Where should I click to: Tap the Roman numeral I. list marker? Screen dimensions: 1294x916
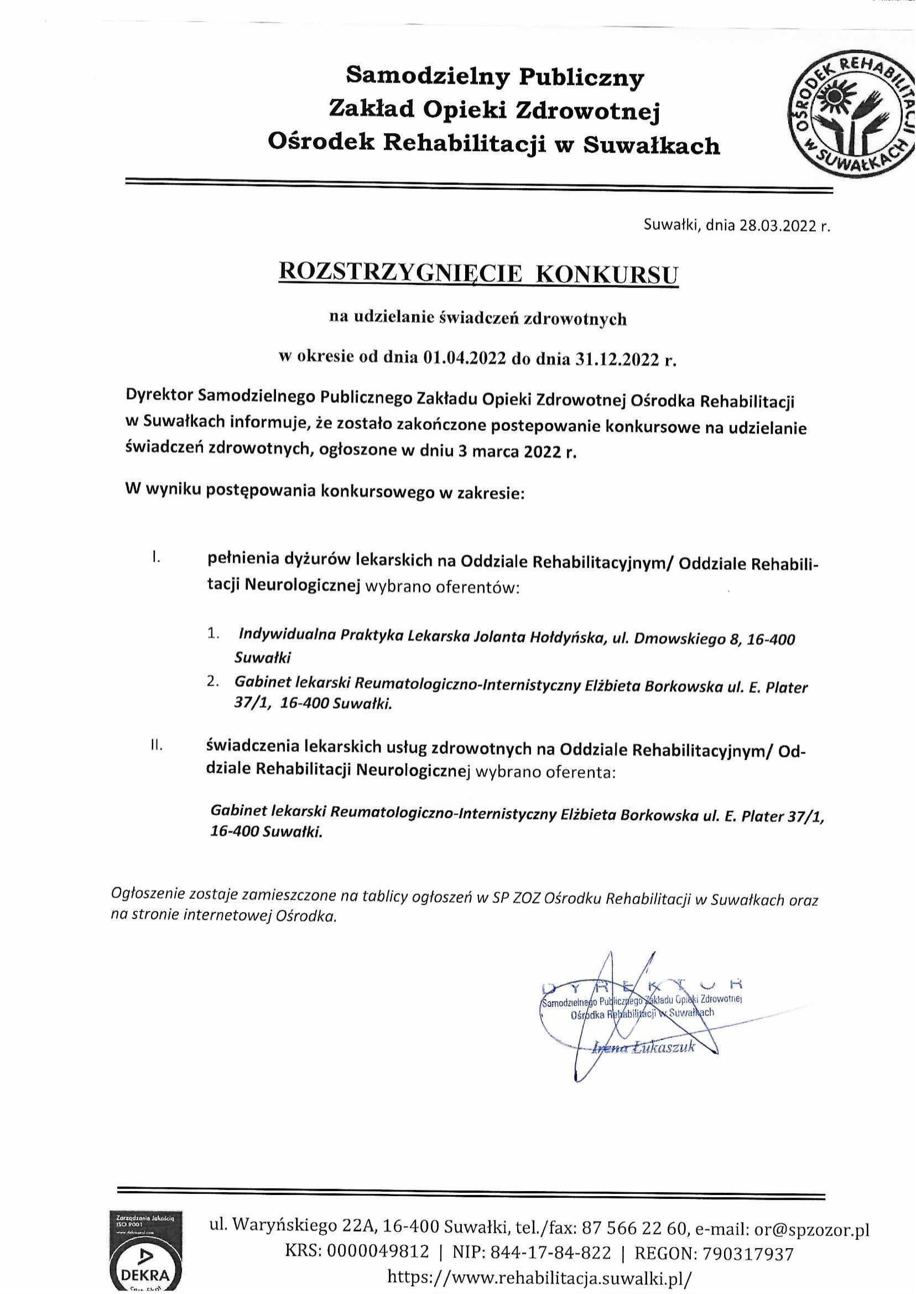[156, 559]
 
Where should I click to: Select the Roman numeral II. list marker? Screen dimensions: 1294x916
[157, 747]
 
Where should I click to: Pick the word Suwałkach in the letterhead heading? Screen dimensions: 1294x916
[651, 146]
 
